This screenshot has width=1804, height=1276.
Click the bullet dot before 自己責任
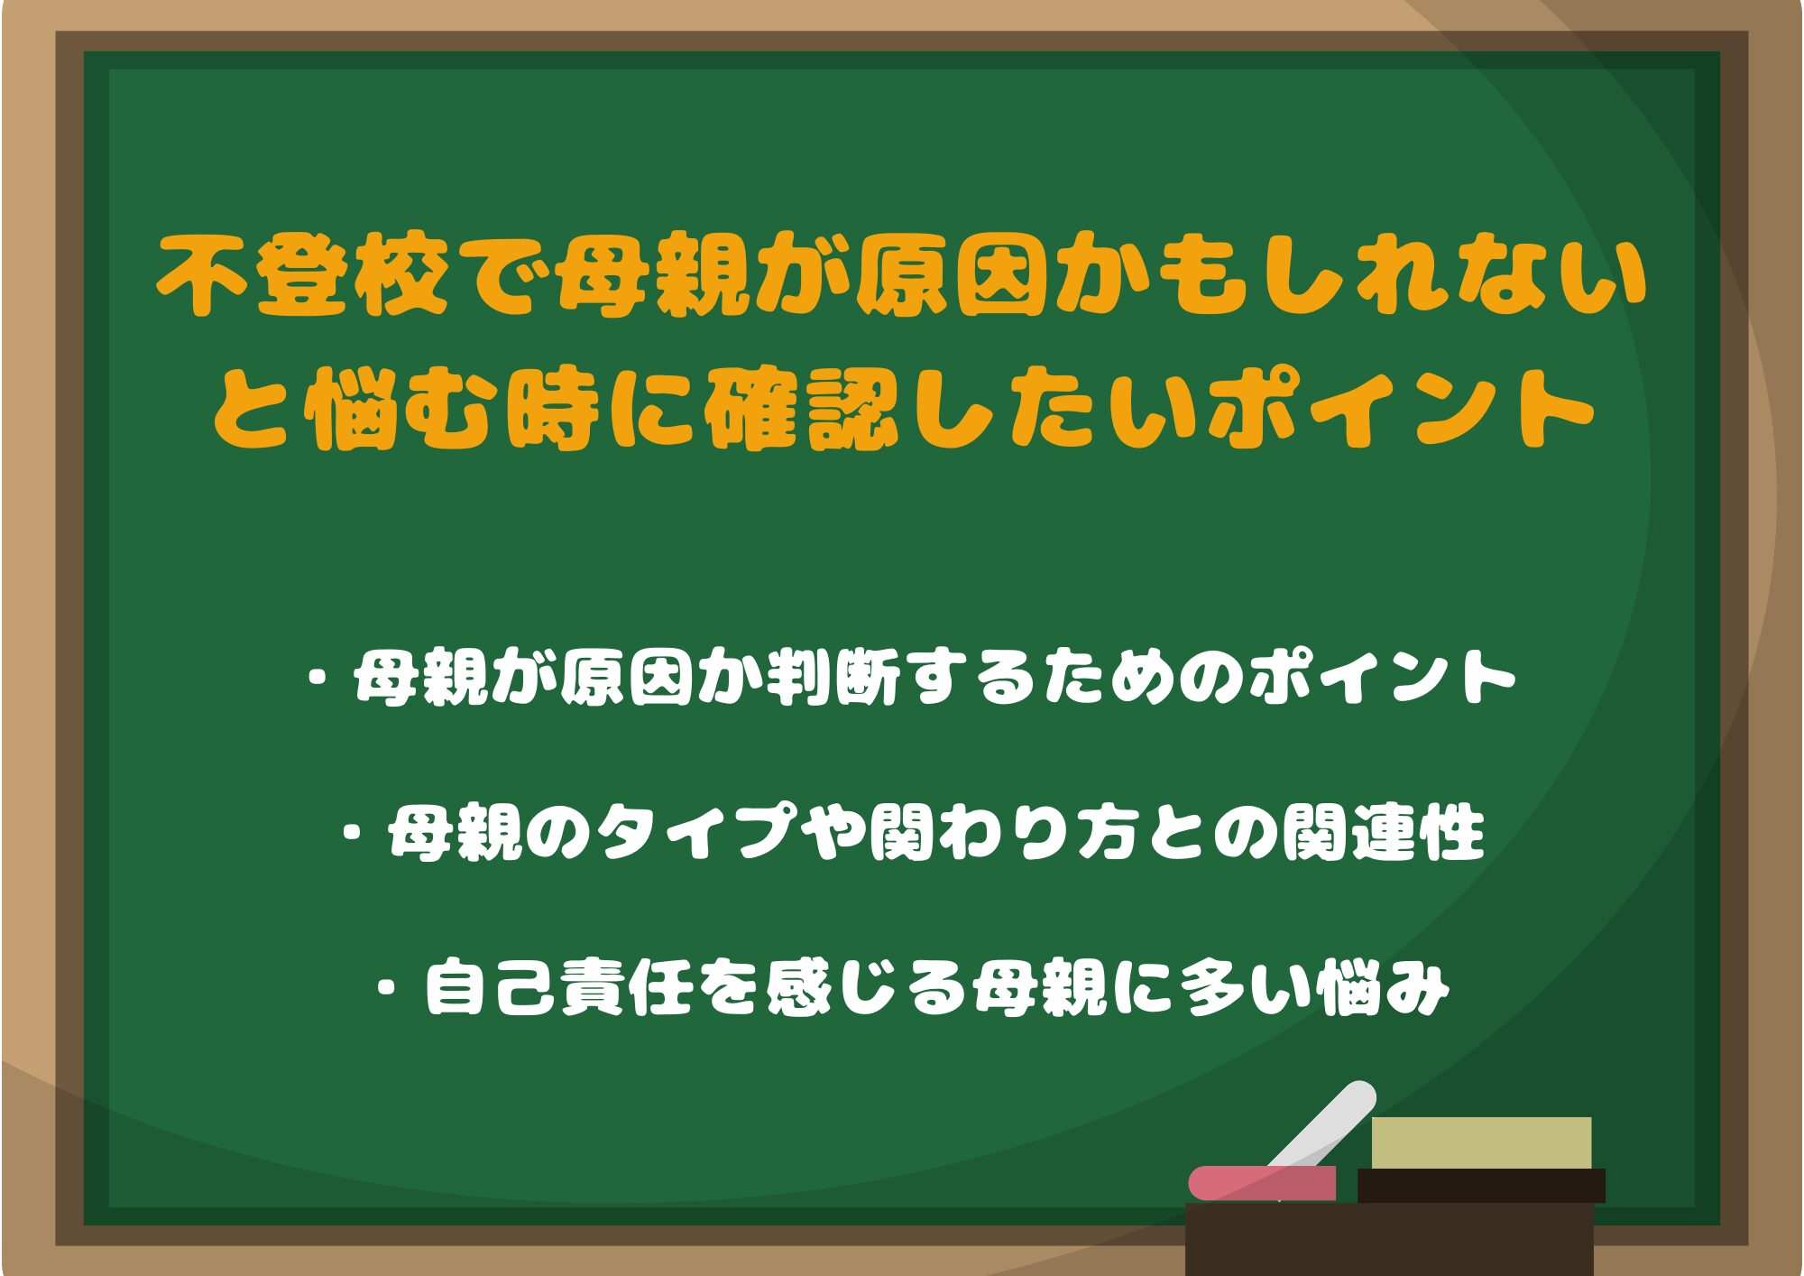(x=389, y=988)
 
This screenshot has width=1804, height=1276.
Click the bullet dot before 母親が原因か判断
(x=317, y=678)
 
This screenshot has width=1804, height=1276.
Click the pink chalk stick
(x=1262, y=1183)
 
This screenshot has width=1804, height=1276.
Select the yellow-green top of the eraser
(x=1481, y=1142)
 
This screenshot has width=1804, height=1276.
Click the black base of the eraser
(x=1481, y=1186)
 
